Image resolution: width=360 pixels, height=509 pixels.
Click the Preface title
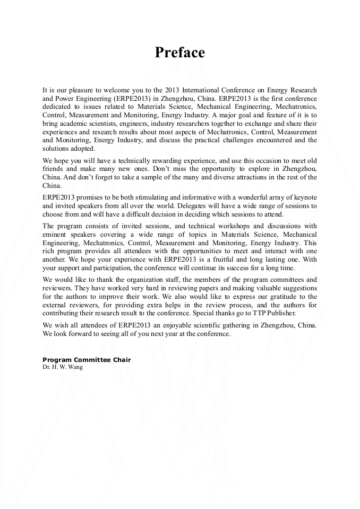pyautogui.click(x=179, y=53)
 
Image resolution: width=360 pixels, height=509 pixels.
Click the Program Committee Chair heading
pyautogui.click(x=87, y=360)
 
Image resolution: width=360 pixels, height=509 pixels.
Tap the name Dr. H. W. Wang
pyautogui.click(x=63, y=367)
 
